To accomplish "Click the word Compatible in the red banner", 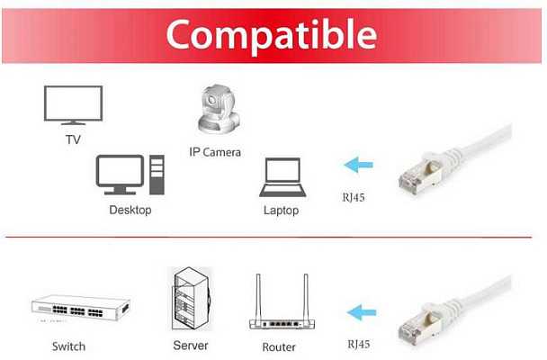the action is point(272,35).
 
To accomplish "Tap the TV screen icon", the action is point(73,105).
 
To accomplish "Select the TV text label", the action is point(73,139).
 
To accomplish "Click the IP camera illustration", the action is point(219,110).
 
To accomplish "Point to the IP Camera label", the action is point(215,152).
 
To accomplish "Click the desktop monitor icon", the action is point(120,175).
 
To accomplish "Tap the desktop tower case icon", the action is point(157,175).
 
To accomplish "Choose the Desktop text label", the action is point(130,210).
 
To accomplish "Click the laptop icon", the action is point(282,177).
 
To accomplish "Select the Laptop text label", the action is point(282,211).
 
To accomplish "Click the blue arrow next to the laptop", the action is point(358,165).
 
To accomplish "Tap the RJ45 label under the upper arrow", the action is point(354,197).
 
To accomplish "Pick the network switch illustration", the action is point(81,308).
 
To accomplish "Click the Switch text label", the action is point(68,346).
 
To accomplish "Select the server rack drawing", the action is point(191,299).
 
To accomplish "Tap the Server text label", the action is point(191,346).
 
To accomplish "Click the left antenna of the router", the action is point(258,298).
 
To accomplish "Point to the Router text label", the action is point(279,347).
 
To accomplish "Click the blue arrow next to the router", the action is point(362,312).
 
